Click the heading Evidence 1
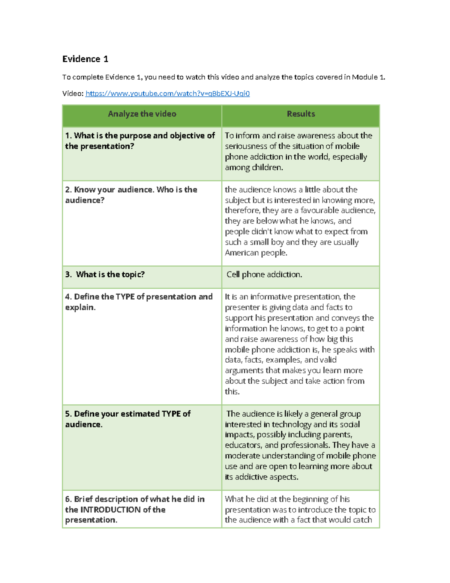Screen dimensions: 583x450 (x=85, y=59)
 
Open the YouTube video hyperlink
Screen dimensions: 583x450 (x=167, y=93)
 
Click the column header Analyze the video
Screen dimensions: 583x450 (x=142, y=114)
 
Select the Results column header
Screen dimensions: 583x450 (x=301, y=114)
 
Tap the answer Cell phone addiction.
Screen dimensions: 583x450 (x=264, y=274)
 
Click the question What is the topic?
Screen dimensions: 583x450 (x=110, y=274)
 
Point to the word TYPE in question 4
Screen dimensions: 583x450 (x=125, y=297)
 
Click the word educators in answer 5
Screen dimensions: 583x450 (x=242, y=445)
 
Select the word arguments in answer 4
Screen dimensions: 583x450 (x=244, y=371)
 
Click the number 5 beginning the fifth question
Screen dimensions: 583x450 (x=67, y=414)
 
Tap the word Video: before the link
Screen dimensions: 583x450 (x=73, y=93)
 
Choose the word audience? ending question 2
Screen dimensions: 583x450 (x=85, y=200)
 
